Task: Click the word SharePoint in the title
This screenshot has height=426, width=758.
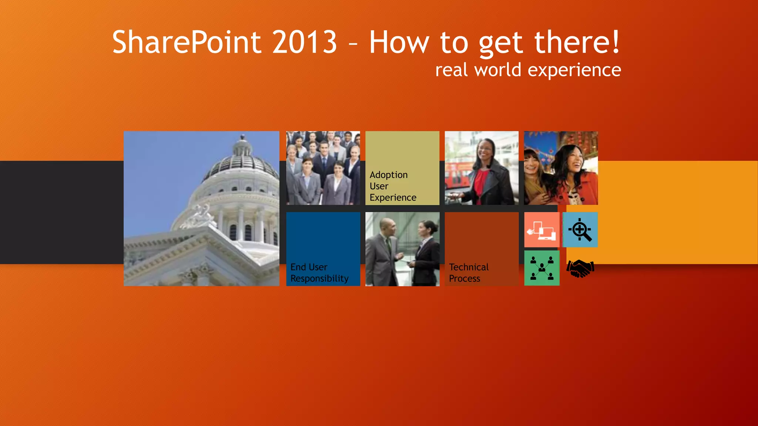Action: tap(187, 43)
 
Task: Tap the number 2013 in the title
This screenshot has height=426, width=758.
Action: tap(304, 43)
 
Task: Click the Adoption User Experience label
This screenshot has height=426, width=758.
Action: tap(393, 186)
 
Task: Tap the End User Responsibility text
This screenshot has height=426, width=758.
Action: tap(319, 273)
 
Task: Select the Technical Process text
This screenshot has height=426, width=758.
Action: tap(468, 273)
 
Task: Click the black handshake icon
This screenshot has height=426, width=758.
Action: tap(580, 268)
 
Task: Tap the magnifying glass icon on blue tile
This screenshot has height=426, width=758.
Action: tap(580, 230)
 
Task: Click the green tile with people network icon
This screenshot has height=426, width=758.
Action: tap(542, 268)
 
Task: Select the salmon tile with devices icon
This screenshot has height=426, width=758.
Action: tap(541, 230)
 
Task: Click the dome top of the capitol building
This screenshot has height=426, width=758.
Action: tap(242, 148)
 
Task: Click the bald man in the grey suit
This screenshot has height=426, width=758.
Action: tap(385, 244)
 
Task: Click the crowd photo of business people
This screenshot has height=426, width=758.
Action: tap(323, 168)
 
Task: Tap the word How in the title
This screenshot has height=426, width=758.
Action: tap(399, 43)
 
